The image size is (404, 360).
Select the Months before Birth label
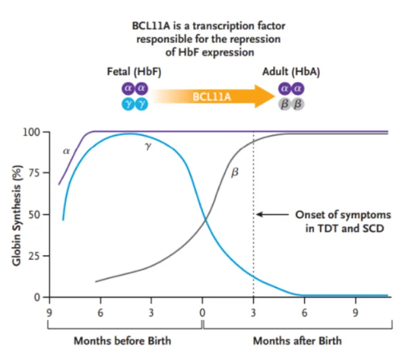tap(122, 341)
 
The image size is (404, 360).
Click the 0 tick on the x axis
tap(202, 312)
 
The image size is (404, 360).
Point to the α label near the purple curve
tap(66, 151)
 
